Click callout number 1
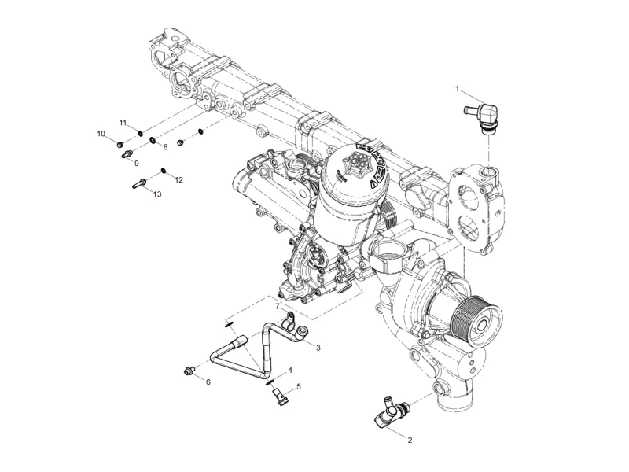[457, 89]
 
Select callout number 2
[410, 441]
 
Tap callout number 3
[318, 347]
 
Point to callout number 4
[290, 370]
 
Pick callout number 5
[298, 387]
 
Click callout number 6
[208, 382]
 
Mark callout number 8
[165, 147]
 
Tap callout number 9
[135, 163]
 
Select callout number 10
[101, 134]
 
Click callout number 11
[123, 123]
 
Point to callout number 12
[178, 179]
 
